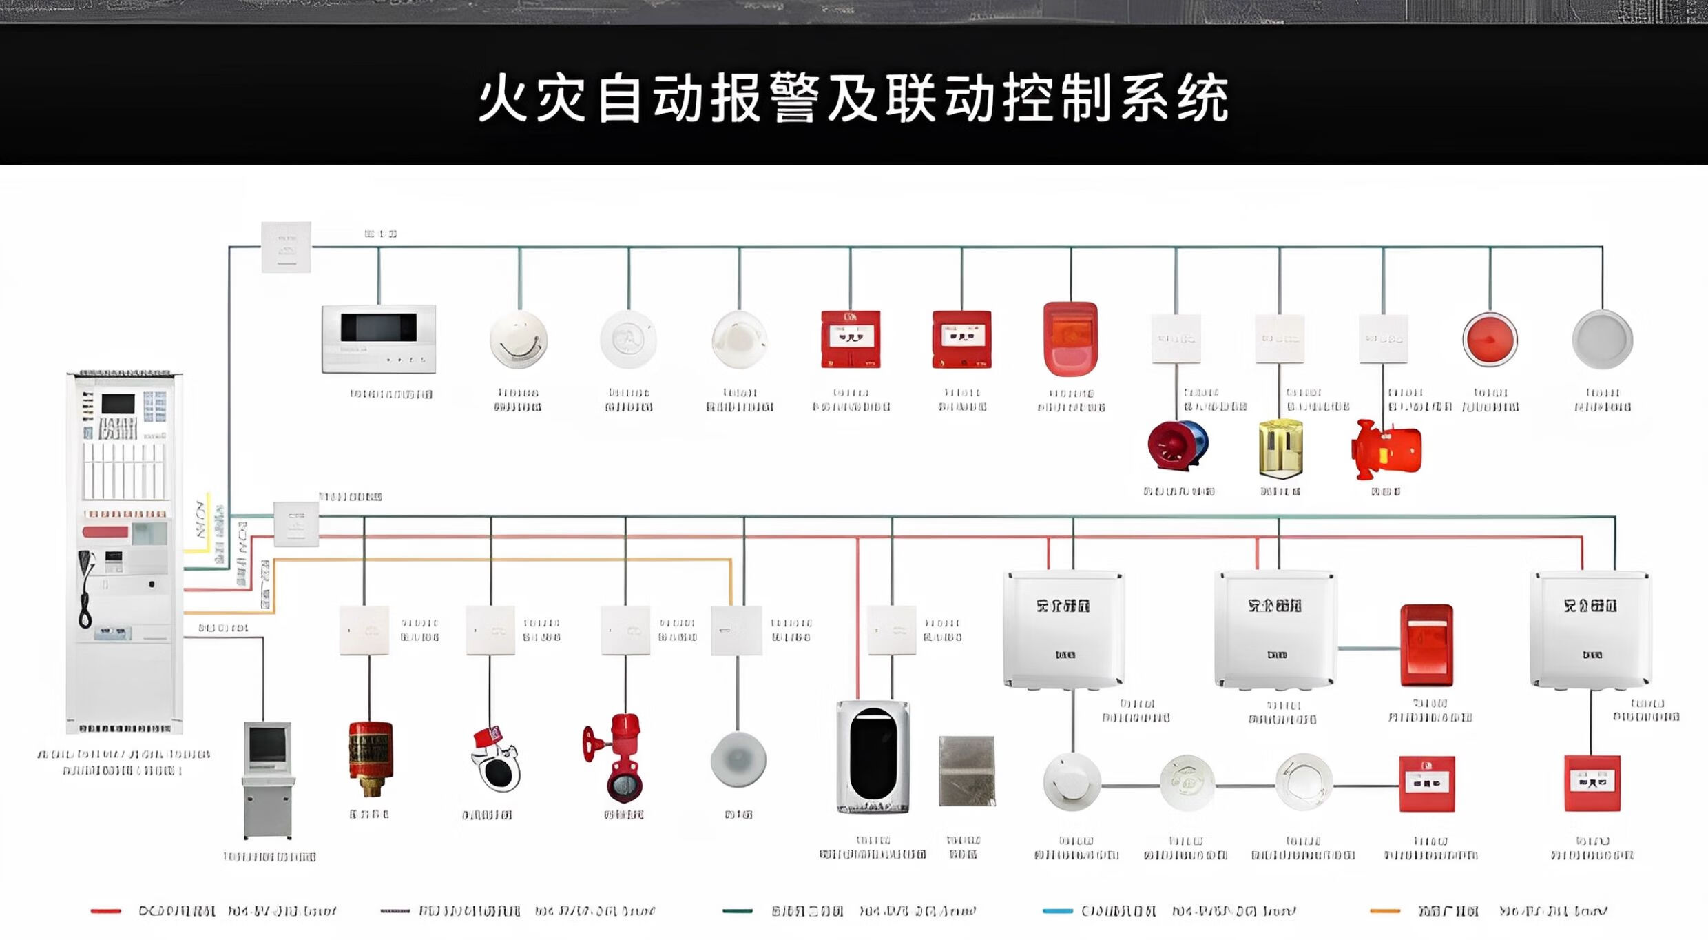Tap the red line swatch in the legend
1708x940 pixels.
(x=105, y=911)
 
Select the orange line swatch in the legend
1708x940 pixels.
(x=1384, y=911)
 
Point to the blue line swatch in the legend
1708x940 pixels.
(x=1057, y=911)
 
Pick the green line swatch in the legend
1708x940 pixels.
(x=737, y=911)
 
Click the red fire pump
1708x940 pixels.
(x=1386, y=449)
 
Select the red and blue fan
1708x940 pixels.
(x=1178, y=446)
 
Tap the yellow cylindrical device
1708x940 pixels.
(x=1280, y=448)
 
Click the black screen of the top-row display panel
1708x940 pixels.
(x=378, y=327)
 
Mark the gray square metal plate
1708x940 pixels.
(x=967, y=770)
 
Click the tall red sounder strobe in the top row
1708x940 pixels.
(x=1070, y=338)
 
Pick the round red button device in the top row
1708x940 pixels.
(x=1490, y=339)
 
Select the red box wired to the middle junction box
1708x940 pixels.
(x=1426, y=645)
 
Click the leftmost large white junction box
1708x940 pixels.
(x=1064, y=629)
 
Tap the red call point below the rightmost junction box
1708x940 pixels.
(x=1592, y=784)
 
